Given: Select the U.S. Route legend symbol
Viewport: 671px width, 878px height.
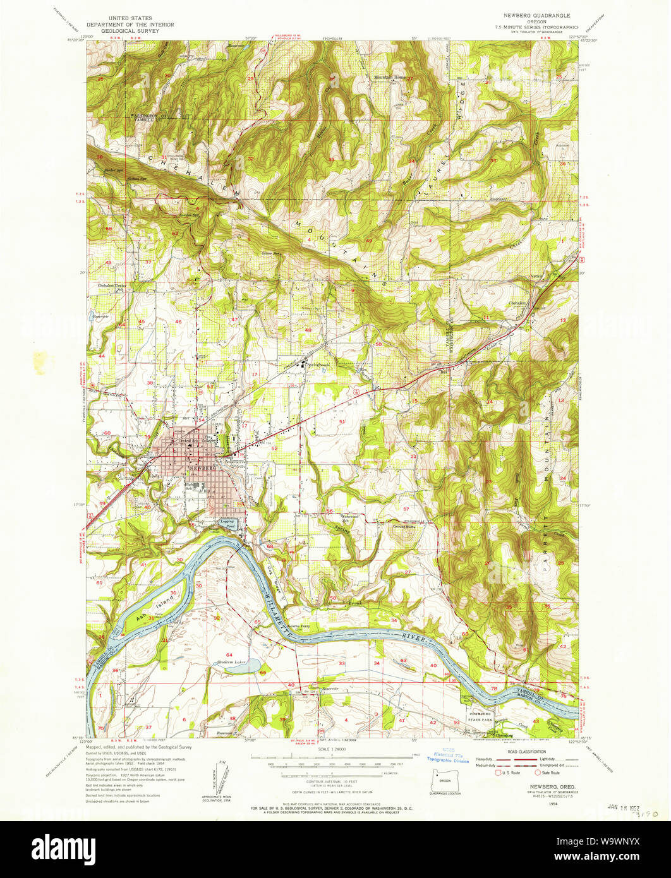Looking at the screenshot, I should click(498, 772).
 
